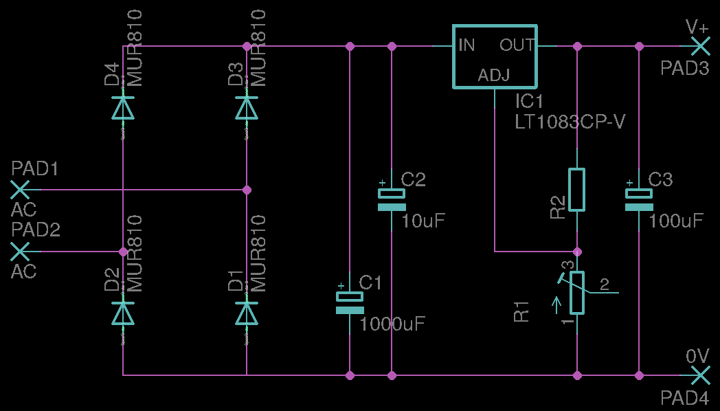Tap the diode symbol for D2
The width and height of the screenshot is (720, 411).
[x=123, y=313]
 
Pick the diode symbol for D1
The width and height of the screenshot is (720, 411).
[x=247, y=313]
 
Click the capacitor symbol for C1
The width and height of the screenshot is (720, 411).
[x=350, y=303]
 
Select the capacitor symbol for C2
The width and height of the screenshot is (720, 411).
[x=392, y=200]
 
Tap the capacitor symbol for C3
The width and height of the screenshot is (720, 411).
[x=639, y=200]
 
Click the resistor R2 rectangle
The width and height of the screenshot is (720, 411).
[x=577, y=189]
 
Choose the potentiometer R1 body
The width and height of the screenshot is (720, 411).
[x=577, y=293]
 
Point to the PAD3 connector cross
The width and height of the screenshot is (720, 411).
[x=699, y=46]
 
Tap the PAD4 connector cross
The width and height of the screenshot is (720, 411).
[x=699, y=375]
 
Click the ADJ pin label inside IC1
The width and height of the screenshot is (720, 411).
[x=494, y=75]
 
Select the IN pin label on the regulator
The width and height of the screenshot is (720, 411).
[x=466, y=46]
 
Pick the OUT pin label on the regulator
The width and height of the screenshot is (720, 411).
[x=517, y=46]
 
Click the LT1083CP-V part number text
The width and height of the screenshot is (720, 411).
[x=570, y=122]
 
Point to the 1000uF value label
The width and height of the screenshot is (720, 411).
[x=393, y=324]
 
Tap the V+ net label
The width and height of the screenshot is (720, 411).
[x=697, y=27]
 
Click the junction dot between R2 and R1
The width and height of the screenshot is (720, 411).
[x=577, y=251]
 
